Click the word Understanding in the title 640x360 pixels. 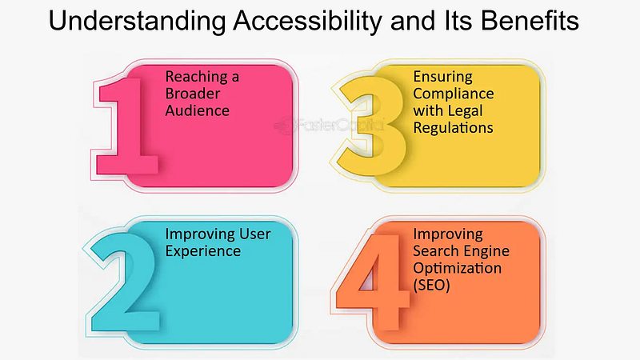pyautogui.click(x=137, y=22)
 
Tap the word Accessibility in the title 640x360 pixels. pyautogui.click(x=308, y=22)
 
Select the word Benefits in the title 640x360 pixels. pyautogui.click(x=530, y=21)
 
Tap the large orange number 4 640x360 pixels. pyautogui.click(x=372, y=282)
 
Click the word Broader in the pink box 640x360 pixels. pyautogui.click(x=193, y=94)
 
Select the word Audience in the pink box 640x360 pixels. pyautogui.click(x=197, y=110)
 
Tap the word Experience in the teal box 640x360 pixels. pyautogui.click(x=203, y=251)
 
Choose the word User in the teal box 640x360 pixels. pyautogui.click(x=254, y=234)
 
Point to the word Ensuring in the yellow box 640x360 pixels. pyautogui.click(x=443, y=77)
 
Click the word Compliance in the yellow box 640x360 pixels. pyautogui.click(x=454, y=94)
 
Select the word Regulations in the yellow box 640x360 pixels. pyautogui.click(x=453, y=128)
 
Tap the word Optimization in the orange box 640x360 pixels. pyautogui.click(x=457, y=268)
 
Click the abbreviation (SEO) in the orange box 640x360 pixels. pyautogui.click(x=431, y=285)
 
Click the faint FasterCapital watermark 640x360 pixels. pyautogui.click(x=329, y=125)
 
